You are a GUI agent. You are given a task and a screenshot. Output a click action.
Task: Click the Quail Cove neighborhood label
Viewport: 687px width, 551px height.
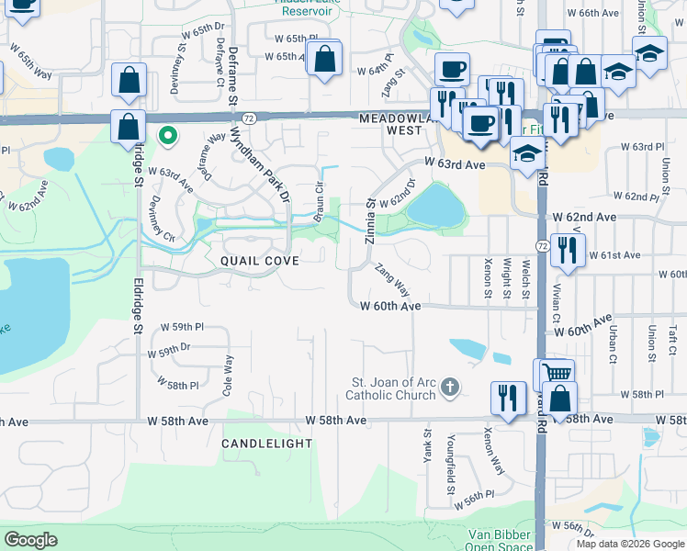point(259,261)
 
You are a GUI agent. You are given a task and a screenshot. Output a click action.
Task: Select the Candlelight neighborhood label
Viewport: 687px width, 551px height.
point(266,443)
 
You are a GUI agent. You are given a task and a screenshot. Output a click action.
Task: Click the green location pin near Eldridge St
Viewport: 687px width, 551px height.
point(167,136)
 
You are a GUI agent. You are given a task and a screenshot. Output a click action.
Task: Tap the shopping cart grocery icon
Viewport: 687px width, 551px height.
point(554,373)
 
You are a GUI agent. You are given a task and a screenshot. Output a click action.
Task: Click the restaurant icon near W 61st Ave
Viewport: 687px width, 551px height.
point(568,249)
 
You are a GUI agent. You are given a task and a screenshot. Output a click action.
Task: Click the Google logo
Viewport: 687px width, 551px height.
point(30,540)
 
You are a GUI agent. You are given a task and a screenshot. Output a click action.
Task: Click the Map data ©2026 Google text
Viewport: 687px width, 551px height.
point(630,544)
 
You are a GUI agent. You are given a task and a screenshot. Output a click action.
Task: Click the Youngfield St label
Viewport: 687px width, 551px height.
point(451,463)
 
